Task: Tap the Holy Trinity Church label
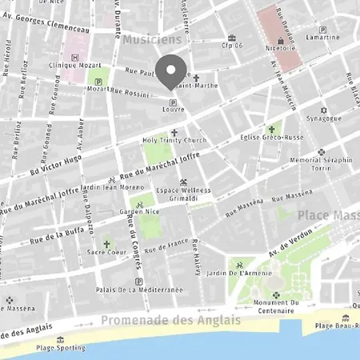click(174, 141)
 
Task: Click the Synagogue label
click(323, 118)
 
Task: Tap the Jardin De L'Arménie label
click(238, 277)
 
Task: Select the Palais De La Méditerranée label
click(139, 289)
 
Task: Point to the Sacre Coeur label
click(106, 251)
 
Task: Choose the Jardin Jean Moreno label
click(113, 187)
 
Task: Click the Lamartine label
click(322, 37)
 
